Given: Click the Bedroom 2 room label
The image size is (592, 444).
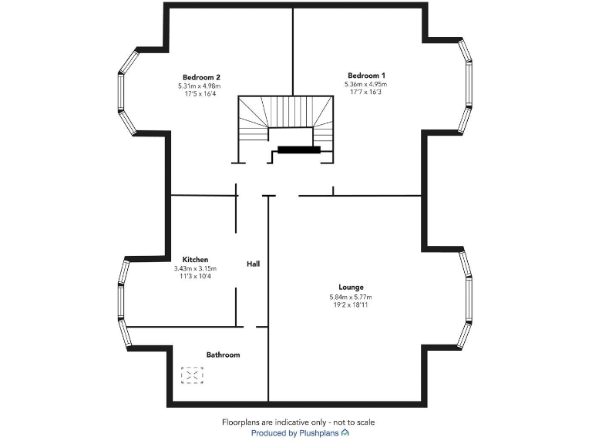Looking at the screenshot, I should click(201, 77).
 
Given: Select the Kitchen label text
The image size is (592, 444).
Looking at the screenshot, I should click(195, 260).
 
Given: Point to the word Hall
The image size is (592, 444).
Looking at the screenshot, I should click(253, 264).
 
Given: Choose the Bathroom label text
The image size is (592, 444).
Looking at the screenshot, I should click(223, 355).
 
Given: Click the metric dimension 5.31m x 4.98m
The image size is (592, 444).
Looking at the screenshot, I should click(201, 86).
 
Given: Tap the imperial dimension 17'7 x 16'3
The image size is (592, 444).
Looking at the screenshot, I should click(368, 92).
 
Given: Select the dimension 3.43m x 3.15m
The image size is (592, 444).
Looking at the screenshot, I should click(195, 268).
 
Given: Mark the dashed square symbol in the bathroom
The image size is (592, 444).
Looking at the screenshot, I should click(192, 375).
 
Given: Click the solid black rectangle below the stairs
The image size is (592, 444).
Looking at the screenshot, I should click(298, 150).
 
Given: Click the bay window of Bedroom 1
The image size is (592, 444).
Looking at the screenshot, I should click(464, 85).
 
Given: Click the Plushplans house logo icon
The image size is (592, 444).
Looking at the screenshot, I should click(345, 433).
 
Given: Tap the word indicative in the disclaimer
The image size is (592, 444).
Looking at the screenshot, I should click(293, 422).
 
